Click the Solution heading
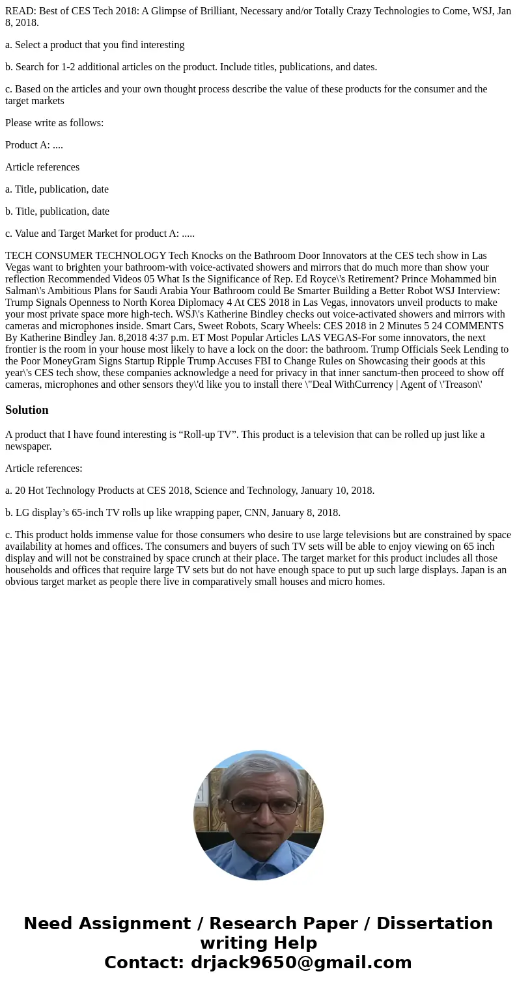[27, 410]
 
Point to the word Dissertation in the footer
[434, 923]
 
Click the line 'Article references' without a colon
[42, 167]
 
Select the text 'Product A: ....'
[34, 145]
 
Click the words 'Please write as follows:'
[55, 123]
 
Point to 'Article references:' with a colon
[44, 468]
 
